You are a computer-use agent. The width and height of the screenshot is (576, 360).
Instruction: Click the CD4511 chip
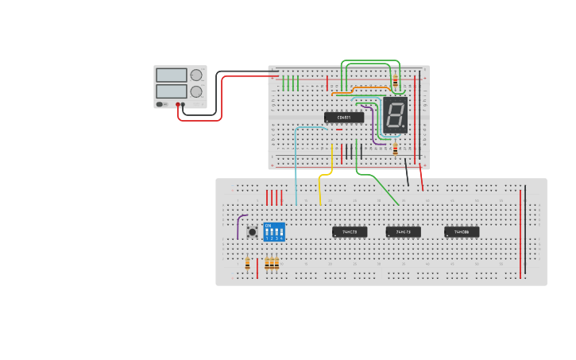click(x=344, y=118)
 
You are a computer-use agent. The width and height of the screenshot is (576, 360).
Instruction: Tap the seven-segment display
click(x=395, y=115)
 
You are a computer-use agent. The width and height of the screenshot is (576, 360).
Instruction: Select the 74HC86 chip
click(x=462, y=232)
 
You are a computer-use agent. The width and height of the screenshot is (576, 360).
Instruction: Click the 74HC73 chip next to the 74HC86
click(x=403, y=232)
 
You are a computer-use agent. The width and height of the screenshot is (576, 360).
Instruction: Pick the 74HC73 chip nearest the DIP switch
click(x=350, y=232)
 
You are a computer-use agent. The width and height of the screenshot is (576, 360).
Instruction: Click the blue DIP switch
click(x=274, y=232)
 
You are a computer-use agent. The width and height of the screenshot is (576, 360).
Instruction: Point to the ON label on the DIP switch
click(x=268, y=225)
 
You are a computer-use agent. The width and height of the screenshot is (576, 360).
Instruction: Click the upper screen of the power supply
click(x=172, y=75)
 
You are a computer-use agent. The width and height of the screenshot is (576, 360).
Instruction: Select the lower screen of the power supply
click(x=172, y=91)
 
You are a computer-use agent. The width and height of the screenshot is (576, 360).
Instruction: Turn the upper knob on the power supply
click(x=196, y=75)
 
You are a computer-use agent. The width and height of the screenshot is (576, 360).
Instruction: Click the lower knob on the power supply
click(x=196, y=91)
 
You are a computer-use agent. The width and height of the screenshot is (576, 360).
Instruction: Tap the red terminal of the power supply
click(x=178, y=105)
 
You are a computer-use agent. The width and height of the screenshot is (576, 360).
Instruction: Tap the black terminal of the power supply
click(x=184, y=105)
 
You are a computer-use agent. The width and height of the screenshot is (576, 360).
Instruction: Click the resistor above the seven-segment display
click(x=395, y=81)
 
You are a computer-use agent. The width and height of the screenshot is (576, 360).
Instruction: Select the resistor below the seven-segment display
click(x=395, y=149)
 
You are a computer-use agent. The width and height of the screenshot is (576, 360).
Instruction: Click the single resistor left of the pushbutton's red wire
click(x=247, y=264)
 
